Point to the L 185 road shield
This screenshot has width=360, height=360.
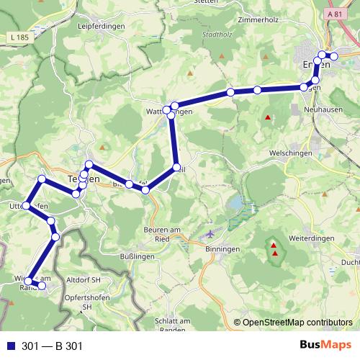tap(22, 36)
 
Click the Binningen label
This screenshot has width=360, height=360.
tap(222, 248)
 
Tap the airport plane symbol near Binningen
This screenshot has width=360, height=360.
tap(210, 234)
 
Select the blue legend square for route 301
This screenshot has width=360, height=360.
tap(11, 346)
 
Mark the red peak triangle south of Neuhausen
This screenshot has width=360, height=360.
tap(268, 117)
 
